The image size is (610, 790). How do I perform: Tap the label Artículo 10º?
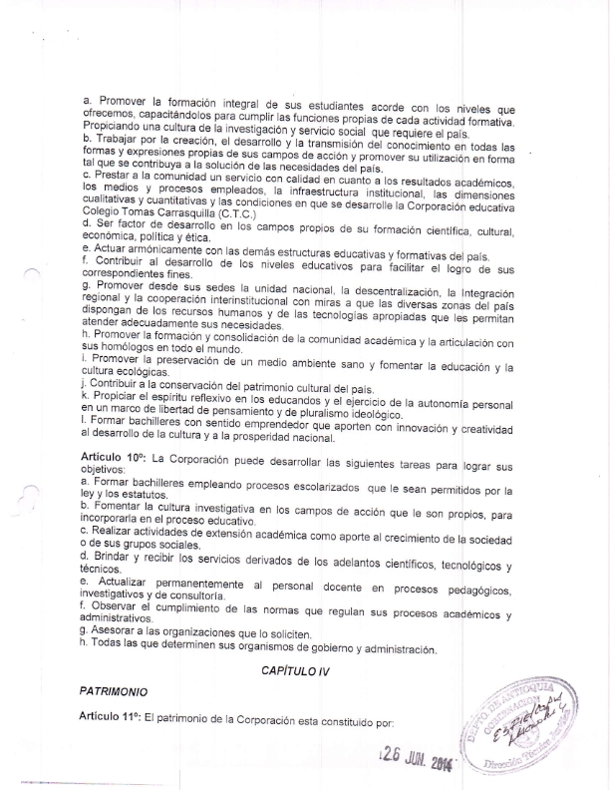[x=115, y=455]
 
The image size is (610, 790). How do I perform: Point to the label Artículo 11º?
[x=115, y=718]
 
